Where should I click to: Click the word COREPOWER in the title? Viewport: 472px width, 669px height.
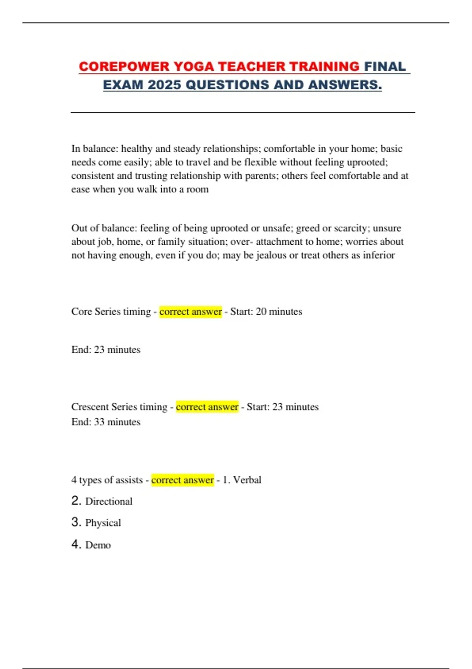124,67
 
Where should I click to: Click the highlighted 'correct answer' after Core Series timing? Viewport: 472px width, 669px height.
191,312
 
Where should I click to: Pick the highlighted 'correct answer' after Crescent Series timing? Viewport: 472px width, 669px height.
207,407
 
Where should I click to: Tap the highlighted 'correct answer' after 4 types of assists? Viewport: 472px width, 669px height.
183,480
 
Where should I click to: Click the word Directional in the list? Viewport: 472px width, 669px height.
109,501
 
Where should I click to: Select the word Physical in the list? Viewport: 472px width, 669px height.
103,523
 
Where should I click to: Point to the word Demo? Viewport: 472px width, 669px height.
98,545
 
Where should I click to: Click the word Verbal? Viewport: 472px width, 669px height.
247,480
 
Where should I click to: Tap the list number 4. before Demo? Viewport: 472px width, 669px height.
76,544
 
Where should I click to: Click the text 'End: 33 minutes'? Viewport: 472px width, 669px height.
106,422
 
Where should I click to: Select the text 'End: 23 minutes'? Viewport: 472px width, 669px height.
106,350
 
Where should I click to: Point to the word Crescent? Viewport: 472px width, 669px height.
90,407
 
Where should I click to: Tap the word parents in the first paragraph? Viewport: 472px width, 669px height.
261,176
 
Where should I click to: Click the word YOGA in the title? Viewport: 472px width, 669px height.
194,67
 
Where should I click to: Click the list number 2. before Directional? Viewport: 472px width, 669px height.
76,501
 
